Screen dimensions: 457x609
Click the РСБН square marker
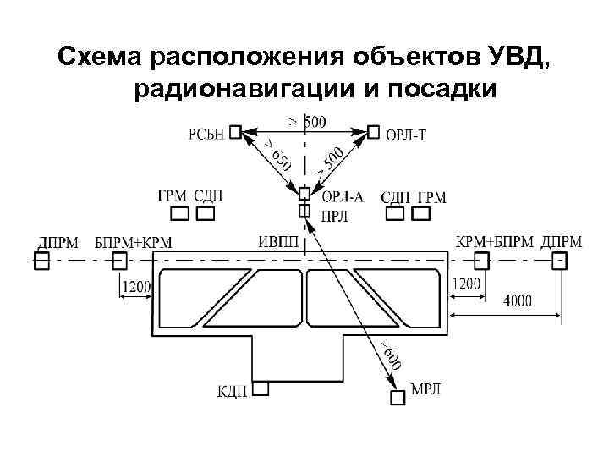(x=235, y=132)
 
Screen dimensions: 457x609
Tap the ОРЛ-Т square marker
(x=374, y=132)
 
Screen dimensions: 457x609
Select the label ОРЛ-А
(x=343, y=196)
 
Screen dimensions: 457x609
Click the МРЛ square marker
(x=397, y=398)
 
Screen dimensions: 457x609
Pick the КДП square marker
(x=261, y=388)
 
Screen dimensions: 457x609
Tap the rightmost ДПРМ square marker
(x=559, y=260)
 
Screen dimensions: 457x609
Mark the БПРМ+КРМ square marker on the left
(x=120, y=260)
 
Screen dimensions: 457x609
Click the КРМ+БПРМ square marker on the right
(x=481, y=260)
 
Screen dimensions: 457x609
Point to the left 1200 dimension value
(x=137, y=287)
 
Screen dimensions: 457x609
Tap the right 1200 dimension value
(x=467, y=284)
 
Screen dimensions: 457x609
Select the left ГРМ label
(x=172, y=196)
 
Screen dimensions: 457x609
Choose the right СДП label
(x=396, y=198)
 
